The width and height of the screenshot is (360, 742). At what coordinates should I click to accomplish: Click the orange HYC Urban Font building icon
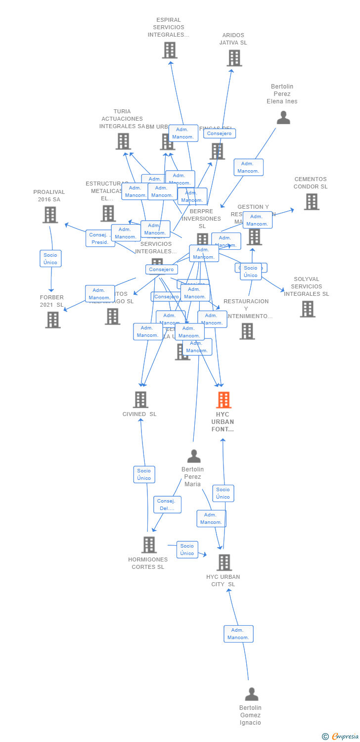224,400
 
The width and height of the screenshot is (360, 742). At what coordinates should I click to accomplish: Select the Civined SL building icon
141,400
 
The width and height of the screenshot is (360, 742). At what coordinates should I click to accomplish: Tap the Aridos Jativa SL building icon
234,58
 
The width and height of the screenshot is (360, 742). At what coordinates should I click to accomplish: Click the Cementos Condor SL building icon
312,202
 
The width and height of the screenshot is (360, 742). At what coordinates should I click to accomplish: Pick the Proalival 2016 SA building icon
50,215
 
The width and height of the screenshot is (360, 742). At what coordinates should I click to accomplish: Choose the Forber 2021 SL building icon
53,320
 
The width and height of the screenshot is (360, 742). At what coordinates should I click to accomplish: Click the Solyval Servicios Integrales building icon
308,309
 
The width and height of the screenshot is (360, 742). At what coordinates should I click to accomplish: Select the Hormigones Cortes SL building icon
149,545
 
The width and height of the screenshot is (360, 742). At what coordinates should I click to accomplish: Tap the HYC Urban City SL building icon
225,562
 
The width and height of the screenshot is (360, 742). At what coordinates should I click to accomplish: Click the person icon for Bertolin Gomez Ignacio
252,695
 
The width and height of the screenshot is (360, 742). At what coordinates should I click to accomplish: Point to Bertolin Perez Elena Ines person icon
283,118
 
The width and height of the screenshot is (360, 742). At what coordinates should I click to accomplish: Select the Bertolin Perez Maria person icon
194,456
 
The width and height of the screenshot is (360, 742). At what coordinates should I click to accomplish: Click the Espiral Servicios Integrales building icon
170,50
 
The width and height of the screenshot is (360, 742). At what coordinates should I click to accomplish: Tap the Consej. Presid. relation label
100,238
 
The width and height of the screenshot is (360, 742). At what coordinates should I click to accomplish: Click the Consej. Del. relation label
167,505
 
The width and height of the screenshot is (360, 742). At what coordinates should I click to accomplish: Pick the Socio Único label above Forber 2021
50,259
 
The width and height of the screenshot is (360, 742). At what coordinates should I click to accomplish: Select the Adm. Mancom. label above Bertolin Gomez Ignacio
238,634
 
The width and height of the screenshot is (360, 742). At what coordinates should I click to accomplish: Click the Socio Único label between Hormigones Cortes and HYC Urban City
187,550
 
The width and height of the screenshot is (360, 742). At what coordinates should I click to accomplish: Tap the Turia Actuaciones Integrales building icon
123,141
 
